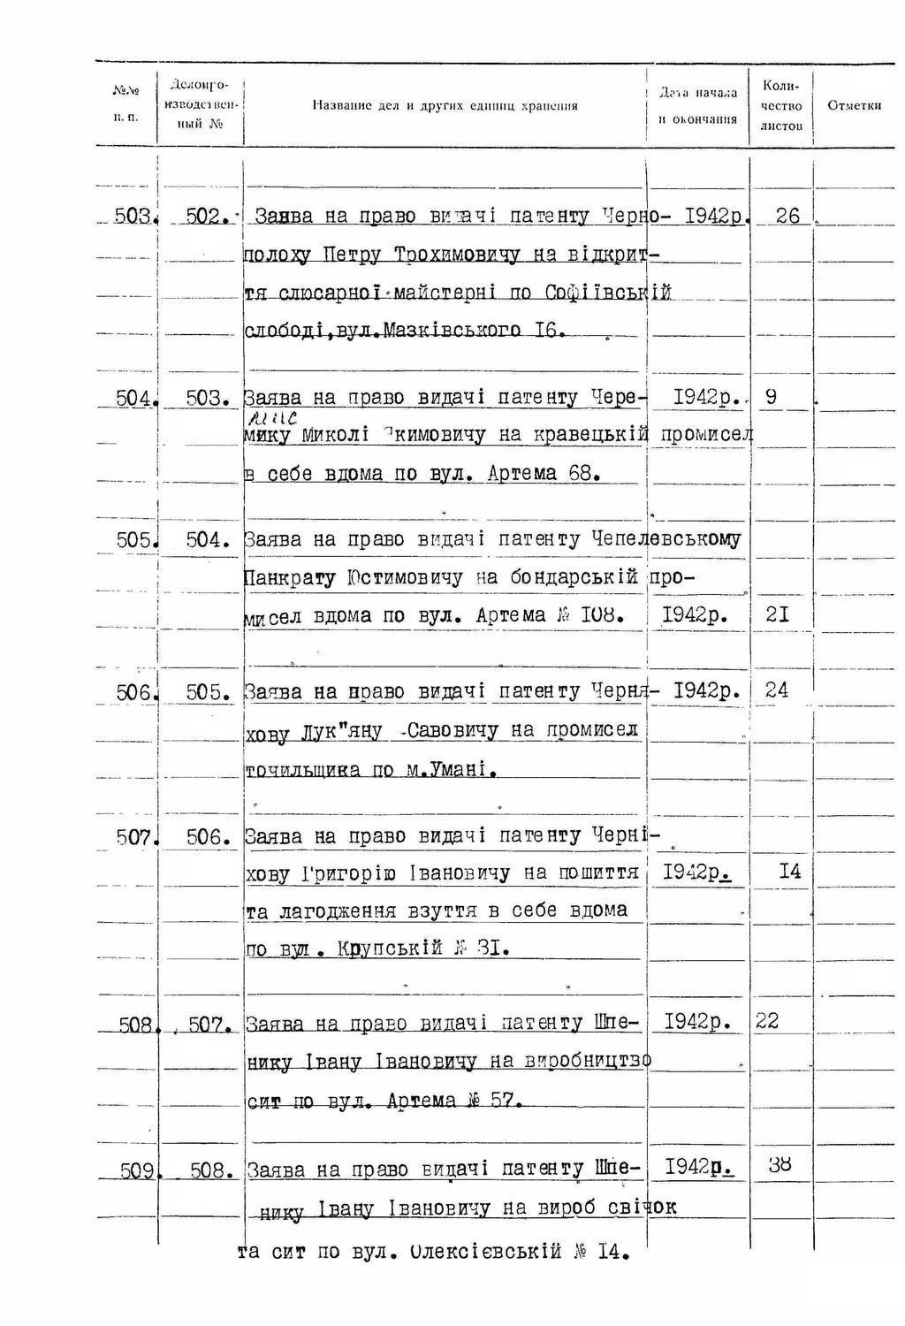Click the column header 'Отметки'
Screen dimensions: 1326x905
click(x=854, y=106)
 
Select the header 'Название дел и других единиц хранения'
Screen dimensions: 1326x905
click(x=445, y=106)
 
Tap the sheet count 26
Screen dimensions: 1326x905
click(x=787, y=216)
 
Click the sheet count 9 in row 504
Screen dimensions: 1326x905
click(x=771, y=397)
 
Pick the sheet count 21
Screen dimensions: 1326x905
click(x=777, y=614)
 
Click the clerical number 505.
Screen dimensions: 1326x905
click(x=208, y=692)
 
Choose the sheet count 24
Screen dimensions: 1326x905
click(x=776, y=690)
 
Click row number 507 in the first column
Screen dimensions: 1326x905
click(x=135, y=836)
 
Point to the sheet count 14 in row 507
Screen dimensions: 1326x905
click(x=789, y=872)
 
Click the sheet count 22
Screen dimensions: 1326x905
click(x=767, y=1021)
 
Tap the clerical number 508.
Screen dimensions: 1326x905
click(x=210, y=1171)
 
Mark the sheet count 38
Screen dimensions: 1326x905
click(x=779, y=1164)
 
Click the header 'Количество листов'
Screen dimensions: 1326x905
click(x=780, y=106)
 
